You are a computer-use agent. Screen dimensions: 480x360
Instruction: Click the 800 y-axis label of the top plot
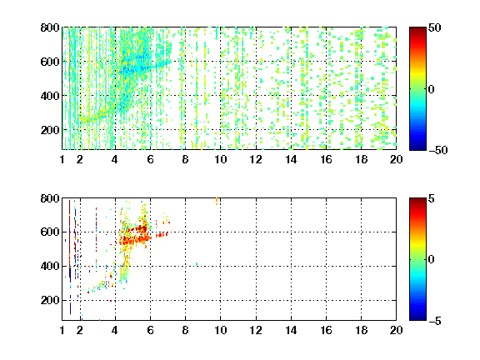tap(50, 27)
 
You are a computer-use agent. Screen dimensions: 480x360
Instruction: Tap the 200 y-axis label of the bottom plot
tap(50, 300)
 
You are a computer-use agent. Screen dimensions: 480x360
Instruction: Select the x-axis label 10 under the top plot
tap(220, 159)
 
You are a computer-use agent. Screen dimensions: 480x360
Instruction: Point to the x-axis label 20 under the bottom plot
tap(396, 330)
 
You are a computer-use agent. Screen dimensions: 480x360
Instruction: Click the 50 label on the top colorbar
tap(435, 27)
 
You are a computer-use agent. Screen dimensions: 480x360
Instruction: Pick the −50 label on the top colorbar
tap(438, 150)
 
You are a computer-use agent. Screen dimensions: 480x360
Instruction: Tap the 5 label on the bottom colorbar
tap(432, 198)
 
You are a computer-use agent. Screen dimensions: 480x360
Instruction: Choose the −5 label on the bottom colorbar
tap(435, 321)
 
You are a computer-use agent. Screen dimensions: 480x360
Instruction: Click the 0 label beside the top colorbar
tap(431, 89)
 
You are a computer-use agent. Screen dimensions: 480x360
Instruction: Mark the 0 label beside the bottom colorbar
tap(431, 260)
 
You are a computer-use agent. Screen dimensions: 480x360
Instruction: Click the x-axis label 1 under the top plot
tap(62, 159)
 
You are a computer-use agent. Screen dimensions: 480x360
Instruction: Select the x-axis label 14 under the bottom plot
tap(291, 330)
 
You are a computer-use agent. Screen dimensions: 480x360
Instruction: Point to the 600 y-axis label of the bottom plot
tap(50, 232)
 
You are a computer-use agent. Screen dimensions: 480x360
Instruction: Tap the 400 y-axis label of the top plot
tap(50, 96)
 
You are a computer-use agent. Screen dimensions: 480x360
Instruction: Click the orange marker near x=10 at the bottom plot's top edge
tap(217, 201)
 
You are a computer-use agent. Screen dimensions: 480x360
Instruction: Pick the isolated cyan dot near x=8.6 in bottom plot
tap(197, 263)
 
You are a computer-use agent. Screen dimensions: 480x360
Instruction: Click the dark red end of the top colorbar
tap(417, 29)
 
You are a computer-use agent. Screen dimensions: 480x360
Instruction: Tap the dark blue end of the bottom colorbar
tap(417, 317)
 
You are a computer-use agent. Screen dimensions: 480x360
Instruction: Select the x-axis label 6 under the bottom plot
tap(150, 330)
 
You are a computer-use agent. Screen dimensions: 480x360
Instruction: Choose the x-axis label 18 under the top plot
tap(361, 159)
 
